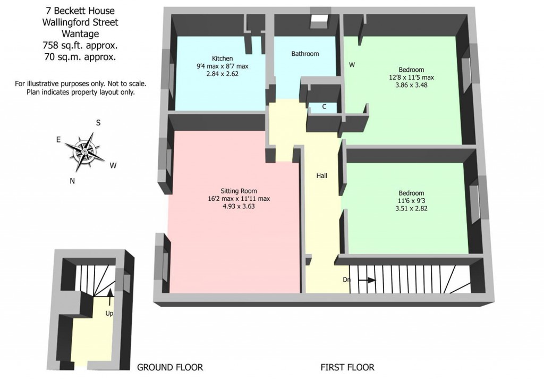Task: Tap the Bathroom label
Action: click(305, 54)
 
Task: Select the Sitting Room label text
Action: click(239, 191)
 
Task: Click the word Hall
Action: click(322, 175)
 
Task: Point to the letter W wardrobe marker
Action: click(352, 65)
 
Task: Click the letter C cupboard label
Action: click(325, 107)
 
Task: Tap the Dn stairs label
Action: click(346, 280)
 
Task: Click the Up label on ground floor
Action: click(109, 313)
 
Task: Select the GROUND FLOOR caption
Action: click(170, 367)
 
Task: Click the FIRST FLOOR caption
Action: click(347, 367)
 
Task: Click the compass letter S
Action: click(98, 122)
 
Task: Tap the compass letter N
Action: click(72, 181)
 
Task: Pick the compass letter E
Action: click(58, 140)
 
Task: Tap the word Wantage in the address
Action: click(81, 33)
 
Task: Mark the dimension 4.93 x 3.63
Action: click(239, 207)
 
